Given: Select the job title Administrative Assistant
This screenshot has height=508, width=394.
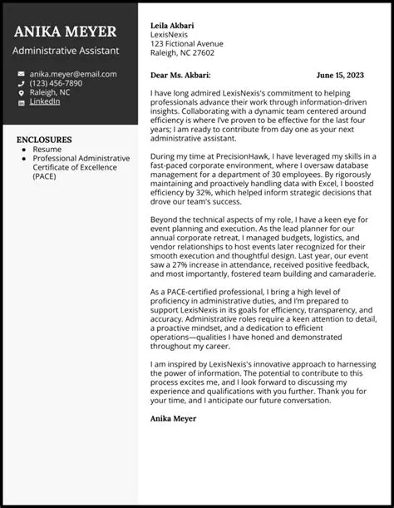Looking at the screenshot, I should point(65,51).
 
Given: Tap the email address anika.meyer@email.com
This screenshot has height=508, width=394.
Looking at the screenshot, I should point(73,74).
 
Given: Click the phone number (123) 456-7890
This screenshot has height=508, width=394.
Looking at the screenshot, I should point(56,83).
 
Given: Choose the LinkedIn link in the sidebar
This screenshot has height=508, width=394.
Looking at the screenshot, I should point(45,101).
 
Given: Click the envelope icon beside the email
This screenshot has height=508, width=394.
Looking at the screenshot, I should point(21,74).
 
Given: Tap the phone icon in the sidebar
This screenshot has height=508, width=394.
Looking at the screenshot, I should point(21,83).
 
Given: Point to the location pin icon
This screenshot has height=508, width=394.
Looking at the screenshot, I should point(21,92).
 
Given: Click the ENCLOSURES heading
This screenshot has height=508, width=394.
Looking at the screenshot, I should point(43,140).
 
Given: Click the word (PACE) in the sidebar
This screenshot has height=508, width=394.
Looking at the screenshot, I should point(47,176).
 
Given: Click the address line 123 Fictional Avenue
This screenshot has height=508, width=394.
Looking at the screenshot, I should point(187,43).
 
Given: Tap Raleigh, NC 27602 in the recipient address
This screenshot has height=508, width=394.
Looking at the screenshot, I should point(182,52).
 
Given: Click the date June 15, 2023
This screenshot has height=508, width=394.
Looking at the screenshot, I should point(340,75).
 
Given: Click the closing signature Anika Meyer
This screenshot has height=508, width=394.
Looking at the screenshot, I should point(173,418).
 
